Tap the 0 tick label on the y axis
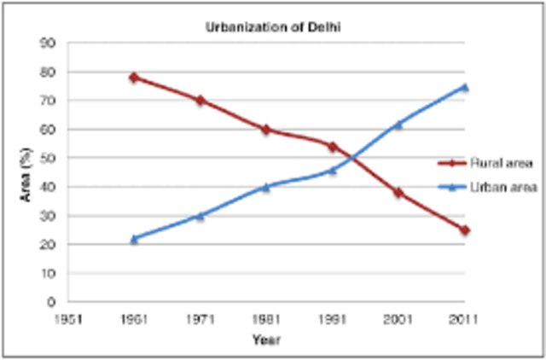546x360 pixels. (x=52, y=302)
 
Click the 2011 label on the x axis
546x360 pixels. (x=463, y=318)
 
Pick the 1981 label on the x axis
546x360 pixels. (x=266, y=318)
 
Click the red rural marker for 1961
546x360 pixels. (x=135, y=77)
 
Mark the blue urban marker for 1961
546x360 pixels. (x=135, y=239)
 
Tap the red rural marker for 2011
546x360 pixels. (x=465, y=230)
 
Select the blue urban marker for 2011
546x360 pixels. (x=465, y=87)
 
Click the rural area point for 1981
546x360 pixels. (x=266, y=130)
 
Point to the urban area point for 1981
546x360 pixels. (x=266, y=187)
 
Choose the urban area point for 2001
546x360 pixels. (x=398, y=125)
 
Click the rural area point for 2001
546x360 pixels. (x=398, y=193)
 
